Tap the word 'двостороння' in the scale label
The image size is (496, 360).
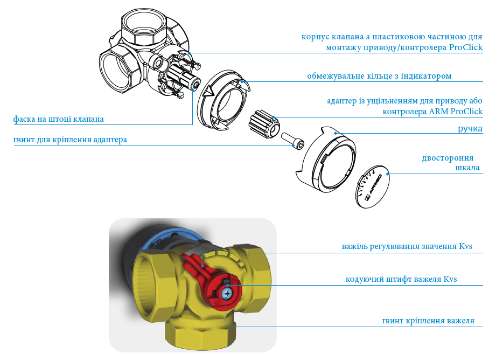[448, 158]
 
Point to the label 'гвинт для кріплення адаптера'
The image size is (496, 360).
[70, 140]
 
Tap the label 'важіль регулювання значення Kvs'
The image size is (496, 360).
[407, 246]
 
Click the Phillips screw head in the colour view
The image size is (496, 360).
[226, 294]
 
